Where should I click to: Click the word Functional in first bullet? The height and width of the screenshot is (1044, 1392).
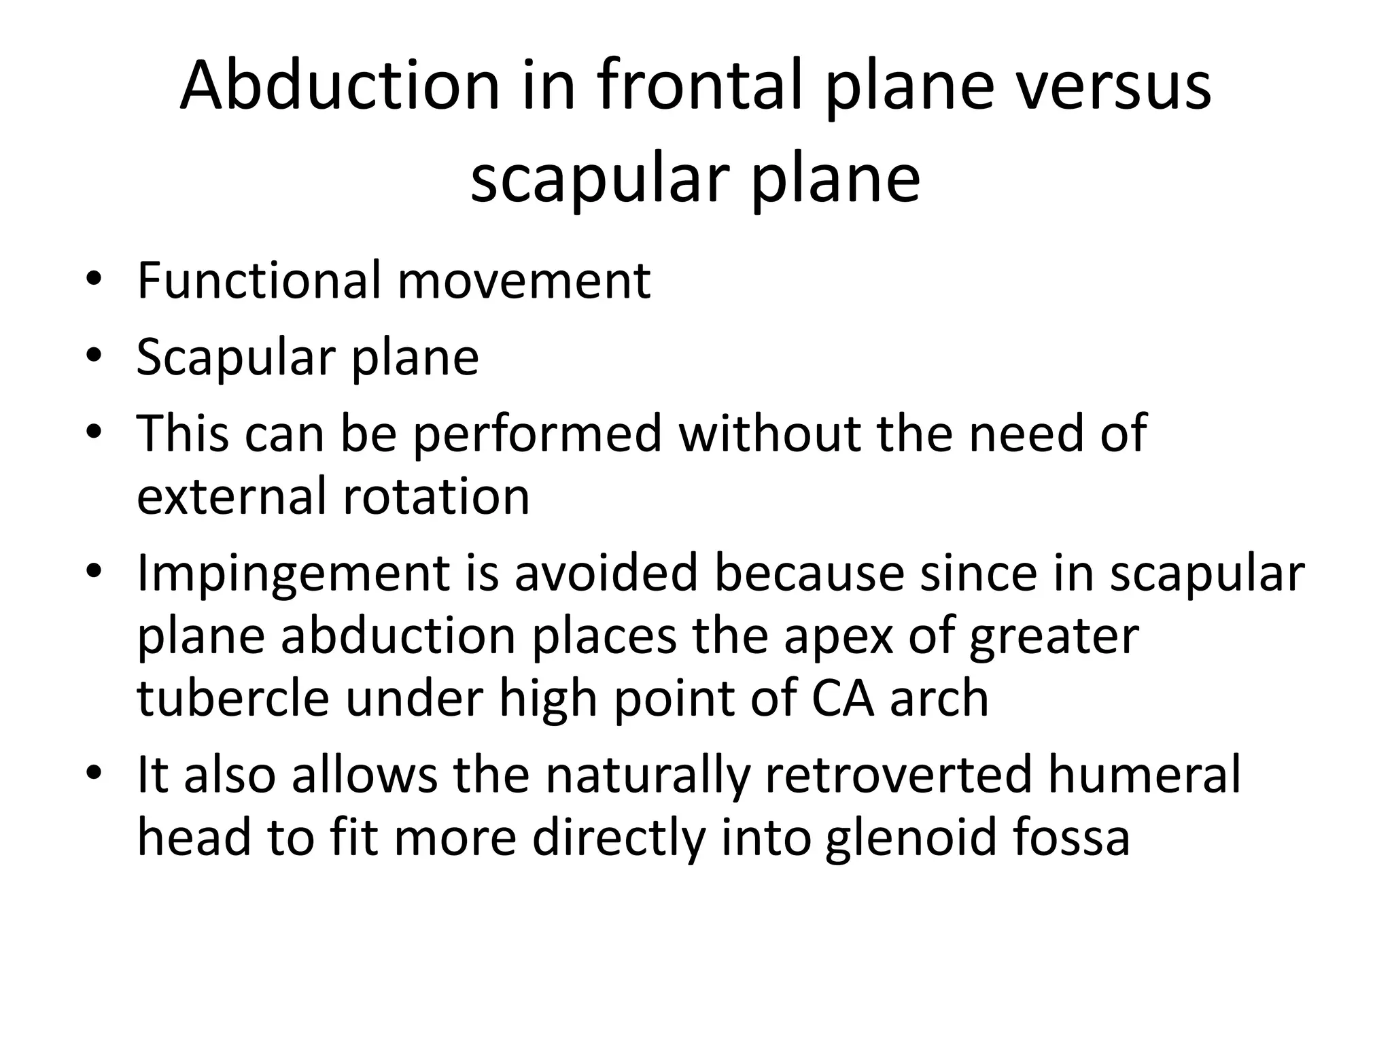pos(258,281)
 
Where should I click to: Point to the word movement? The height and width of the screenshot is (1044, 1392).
pos(524,281)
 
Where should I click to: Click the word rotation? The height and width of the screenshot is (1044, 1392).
pos(436,495)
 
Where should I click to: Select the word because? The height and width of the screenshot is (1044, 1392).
pos(809,573)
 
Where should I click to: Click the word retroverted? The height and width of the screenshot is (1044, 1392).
pos(897,774)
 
